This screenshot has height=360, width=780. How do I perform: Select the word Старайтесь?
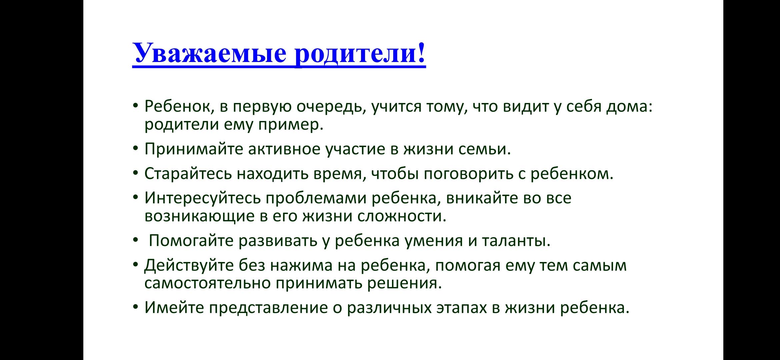(x=188, y=174)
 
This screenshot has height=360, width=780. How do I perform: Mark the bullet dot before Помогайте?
(x=135, y=241)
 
